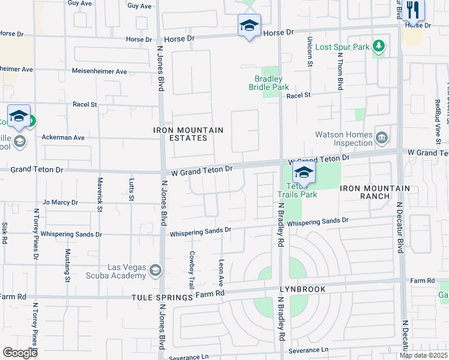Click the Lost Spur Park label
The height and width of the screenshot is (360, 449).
point(342,47)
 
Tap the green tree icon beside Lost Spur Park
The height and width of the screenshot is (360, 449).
point(378,46)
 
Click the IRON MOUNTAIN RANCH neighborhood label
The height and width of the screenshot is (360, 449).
point(375,192)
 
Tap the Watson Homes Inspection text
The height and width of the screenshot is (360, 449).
point(344,139)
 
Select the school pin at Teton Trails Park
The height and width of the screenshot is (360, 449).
point(304,173)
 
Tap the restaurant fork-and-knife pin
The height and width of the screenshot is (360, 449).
point(412,9)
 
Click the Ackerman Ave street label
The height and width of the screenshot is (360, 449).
point(63,137)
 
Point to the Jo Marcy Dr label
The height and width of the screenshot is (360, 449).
point(60,203)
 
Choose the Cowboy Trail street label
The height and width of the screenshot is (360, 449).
point(192,269)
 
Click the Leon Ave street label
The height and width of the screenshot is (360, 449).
point(221,272)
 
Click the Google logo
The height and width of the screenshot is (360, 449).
point(20,352)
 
